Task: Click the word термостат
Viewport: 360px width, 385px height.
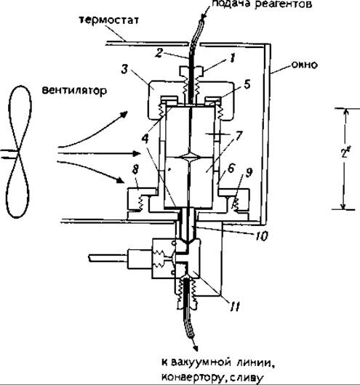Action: click(x=108, y=20)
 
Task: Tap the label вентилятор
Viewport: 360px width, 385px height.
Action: click(x=74, y=90)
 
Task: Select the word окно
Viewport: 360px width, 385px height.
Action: click(x=304, y=65)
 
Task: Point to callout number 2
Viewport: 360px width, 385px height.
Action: click(x=159, y=53)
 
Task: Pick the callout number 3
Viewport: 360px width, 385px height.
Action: click(x=124, y=69)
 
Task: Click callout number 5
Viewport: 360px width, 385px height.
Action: click(x=247, y=84)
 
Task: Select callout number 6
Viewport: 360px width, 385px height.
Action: click(x=231, y=169)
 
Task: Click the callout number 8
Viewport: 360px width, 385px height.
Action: click(x=135, y=169)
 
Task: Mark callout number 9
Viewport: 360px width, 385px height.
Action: click(x=249, y=173)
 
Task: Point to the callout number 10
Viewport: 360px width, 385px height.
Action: click(x=261, y=236)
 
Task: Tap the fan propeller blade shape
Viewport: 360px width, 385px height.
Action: click(x=19, y=152)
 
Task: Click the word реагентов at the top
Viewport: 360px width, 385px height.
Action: click(x=284, y=4)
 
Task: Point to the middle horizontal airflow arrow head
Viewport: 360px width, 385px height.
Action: click(x=136, y=153)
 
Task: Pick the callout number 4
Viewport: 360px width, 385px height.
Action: click(x=145, y=139)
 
